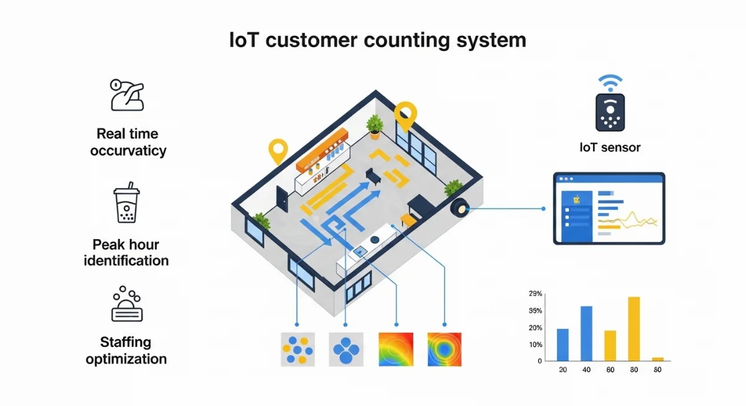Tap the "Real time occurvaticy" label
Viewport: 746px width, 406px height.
[x=127, y=142]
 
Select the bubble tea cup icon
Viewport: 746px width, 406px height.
[x=126, y=203]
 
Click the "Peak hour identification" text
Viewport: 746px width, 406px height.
[x=126, y=252]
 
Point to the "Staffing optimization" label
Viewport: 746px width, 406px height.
[x=126, y=350]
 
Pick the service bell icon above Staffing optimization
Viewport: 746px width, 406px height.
[x=127, y=304]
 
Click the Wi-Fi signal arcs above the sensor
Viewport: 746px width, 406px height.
[x=610, y=82]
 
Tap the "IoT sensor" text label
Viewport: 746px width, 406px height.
[x=609, y=147]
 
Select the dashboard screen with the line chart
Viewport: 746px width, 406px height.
[x=609, y=209]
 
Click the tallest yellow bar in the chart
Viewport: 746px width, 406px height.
[x=633, y=328]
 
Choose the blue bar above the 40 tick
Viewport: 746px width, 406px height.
[x=586, y=333]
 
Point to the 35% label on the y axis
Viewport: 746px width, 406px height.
[x=535, y=310]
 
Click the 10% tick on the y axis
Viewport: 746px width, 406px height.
[x=535, y=345]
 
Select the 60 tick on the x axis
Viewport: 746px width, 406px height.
[x=610, y=370]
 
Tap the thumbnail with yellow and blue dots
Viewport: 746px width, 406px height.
[x=298, y=350]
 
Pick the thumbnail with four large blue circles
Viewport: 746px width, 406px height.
[x=346, y=350]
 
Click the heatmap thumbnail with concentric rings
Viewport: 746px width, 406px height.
[x=444, y=350]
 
